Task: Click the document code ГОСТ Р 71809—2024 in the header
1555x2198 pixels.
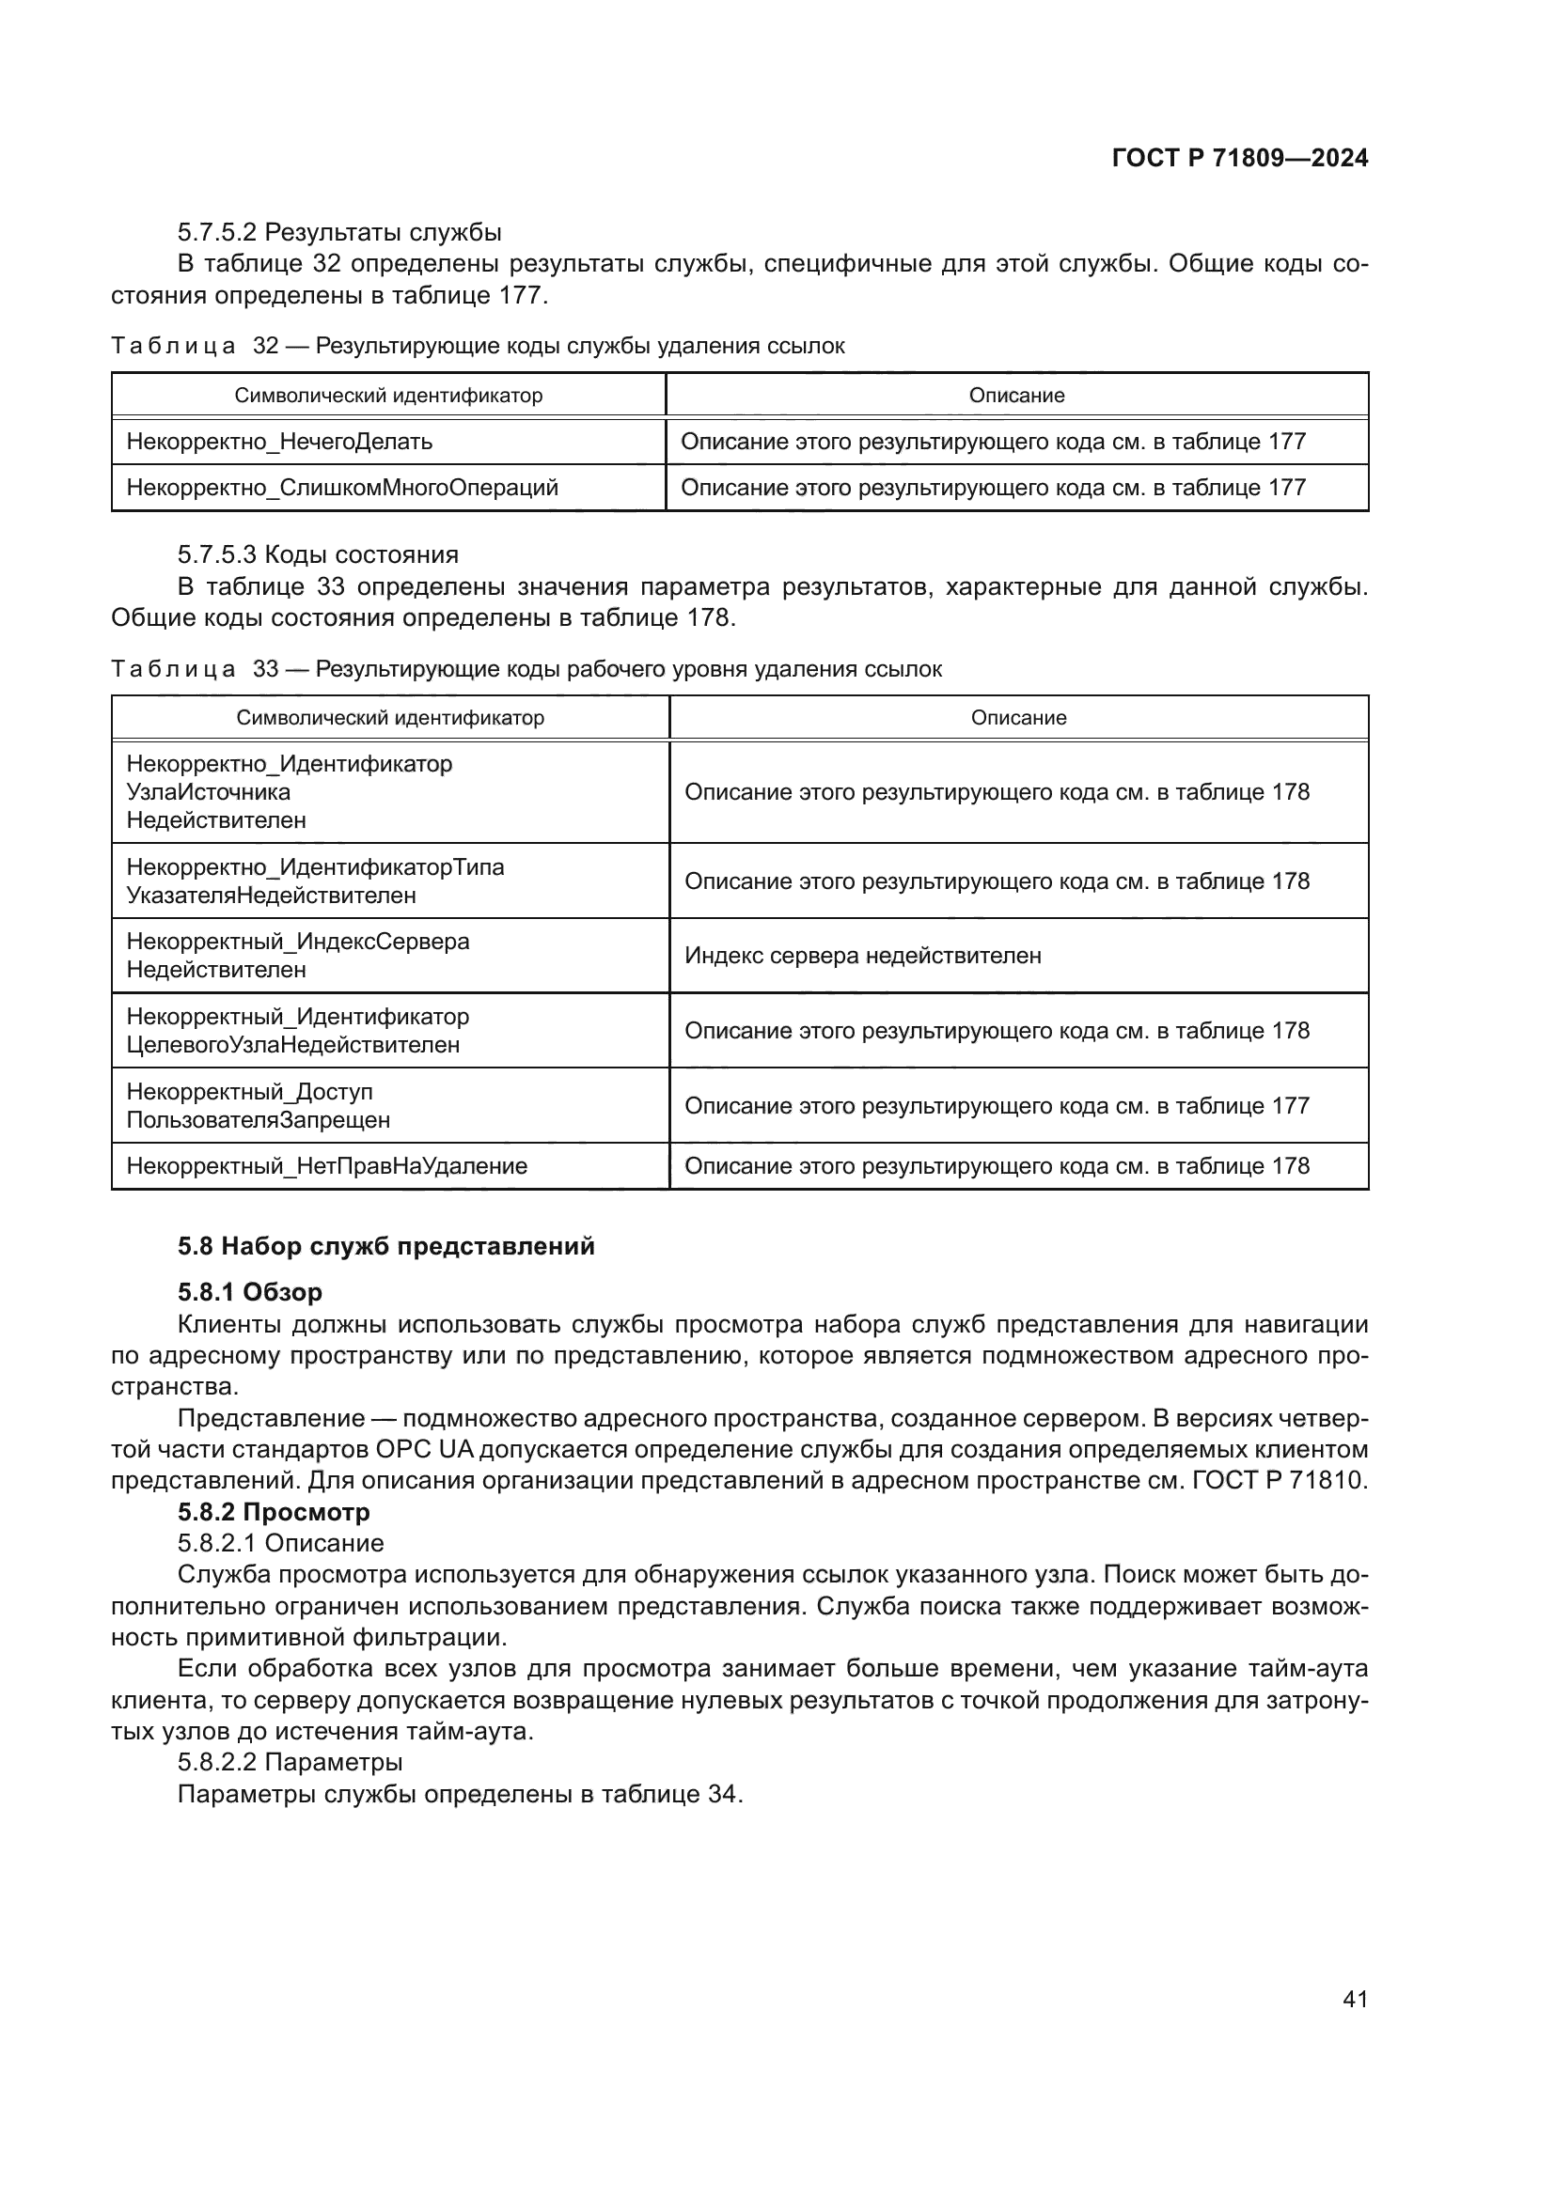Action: point(1239,158)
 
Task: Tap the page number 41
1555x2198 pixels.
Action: point(1355,1999)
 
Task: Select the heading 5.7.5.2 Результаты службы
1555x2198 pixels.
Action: point(339,233)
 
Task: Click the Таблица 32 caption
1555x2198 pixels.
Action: point(477,347)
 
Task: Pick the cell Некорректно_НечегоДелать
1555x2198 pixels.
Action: point(279,443)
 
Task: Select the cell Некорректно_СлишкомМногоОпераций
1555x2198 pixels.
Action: point(342,489)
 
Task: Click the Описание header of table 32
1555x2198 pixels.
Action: point(1016,396)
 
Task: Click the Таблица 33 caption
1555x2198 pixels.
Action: point(526,669)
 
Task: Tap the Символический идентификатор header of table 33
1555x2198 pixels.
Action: point(390,718)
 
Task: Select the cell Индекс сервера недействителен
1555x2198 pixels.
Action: point(863,956)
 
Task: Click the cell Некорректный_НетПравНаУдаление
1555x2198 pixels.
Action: point(326,1166)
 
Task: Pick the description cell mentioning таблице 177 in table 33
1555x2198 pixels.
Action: point(996,1106)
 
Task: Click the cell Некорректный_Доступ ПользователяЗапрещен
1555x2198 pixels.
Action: point(259,1106)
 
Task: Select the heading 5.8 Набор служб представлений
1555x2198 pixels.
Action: point(385,1246)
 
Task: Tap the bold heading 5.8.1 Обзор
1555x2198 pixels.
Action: point(250,1292)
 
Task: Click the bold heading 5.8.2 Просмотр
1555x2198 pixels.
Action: point(273,1513)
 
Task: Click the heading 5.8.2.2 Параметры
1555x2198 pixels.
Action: point(290,1762)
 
